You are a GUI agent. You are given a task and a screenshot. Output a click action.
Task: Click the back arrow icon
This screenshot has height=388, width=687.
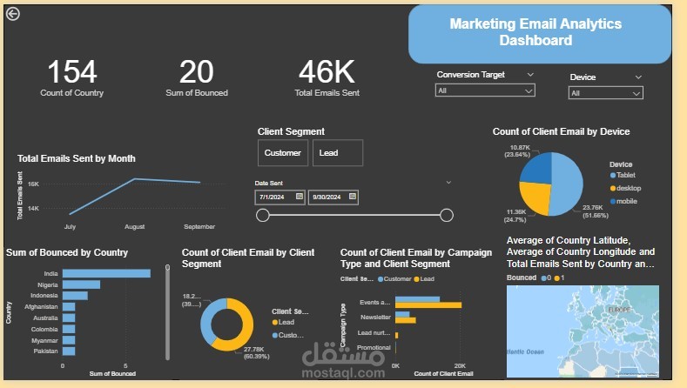[x=12, y=13]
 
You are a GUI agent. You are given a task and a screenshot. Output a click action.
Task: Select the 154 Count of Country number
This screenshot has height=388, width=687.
[x=71, y=71]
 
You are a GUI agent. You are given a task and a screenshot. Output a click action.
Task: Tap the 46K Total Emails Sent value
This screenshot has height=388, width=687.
[x=327, y=71]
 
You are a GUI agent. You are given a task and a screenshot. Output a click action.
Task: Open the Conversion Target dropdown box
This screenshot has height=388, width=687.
[x=485, y=90]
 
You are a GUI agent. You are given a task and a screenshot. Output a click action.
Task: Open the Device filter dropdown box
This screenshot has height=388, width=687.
[x=606, y=93]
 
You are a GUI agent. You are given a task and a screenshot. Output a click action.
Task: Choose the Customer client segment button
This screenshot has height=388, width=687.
[x=283, y=153]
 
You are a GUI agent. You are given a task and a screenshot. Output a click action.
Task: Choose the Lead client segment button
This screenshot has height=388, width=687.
[x=336, y=153]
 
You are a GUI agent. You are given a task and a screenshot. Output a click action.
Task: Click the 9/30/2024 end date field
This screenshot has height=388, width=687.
[x=333, y=197]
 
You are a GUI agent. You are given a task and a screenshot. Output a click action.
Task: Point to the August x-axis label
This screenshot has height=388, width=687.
[x=134, y=227]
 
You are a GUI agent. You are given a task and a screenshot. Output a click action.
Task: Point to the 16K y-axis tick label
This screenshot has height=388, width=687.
[x=33, y=184]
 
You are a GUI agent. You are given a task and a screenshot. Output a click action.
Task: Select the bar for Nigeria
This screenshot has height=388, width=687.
[x=82, y=284]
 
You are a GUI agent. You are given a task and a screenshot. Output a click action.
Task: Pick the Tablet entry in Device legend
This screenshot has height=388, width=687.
[x=627, y=175]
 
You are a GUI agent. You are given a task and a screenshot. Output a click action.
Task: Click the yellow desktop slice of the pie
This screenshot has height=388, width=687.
[x=539, y=199]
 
